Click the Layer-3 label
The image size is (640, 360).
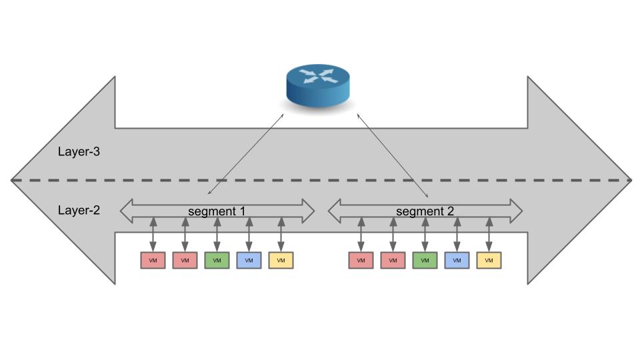tap(79, 152)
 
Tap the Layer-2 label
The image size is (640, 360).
tap(79, 211)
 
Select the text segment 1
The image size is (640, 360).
tap(217, 211)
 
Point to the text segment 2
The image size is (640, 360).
tap(425, 211)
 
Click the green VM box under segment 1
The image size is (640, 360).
tap(217, 261)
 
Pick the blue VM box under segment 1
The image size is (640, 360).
tap(249, 261)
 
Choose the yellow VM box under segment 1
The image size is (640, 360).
tap(281, 261)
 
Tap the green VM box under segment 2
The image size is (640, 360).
tap(425, 261)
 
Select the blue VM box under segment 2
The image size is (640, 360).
tap(457, 261)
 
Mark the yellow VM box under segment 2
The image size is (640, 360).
tap(489, 261)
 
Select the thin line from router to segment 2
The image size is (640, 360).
tap(393, 155)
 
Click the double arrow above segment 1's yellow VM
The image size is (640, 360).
tap(281, 233)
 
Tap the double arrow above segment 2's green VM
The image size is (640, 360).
tap(425, 233)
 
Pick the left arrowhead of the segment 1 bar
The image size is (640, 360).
tap(125, 211)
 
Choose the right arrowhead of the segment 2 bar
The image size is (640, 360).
tap(517, 211)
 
